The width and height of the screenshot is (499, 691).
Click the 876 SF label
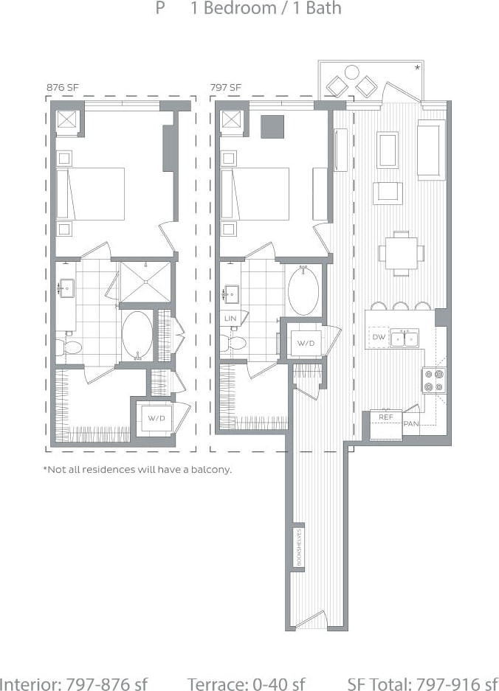pyautogui.click(x=62, y=88)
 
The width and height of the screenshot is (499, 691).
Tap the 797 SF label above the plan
pyautogui.click(x=226, y=88)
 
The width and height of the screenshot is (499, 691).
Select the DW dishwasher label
pyautogui.click(x=379, y=337)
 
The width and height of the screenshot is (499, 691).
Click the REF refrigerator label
pyautogui.click(x=385, y=417)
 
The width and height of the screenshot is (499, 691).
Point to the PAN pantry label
pyautogui.click(x=411, y=424)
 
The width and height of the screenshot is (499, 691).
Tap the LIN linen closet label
pyautogui.click(x=230, y=319)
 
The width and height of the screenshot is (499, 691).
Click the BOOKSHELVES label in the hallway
pyautogui.click(x=298, y=548)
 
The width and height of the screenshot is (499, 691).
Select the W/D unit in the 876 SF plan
pyautogui.click(x=156, y=418)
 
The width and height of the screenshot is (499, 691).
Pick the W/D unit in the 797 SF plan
pyautogui.click(x=306, y=344)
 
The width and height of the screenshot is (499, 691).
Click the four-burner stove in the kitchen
pyautogui.click(x=434, y=380)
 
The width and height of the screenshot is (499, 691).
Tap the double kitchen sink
pyautogui.click(x=405, y=338)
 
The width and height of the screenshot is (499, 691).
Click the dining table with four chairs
pyautogui.click(x=402, y=253)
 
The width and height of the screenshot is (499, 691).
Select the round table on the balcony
pyautogui.click(x=351, y=72)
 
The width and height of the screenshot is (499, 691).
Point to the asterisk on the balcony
pyautogui.click(x=418, y=68)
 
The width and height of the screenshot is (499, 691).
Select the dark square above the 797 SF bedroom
pyautogui.click(x=272, y=127)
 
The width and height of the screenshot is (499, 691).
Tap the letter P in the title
pyautogui.click(x=159, y=10)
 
